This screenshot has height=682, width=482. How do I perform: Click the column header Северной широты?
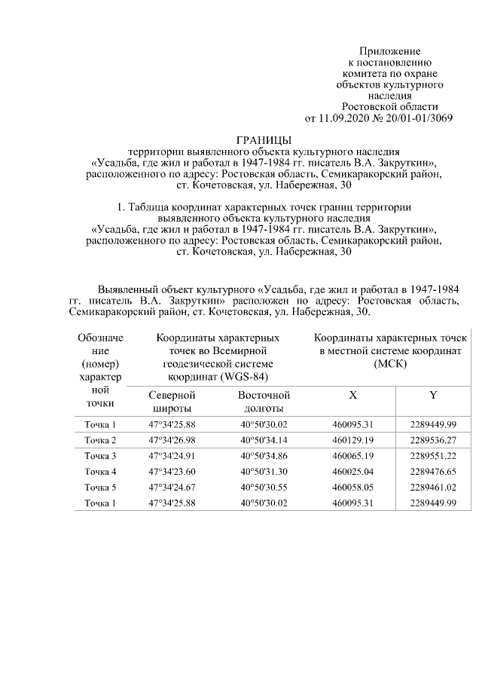tap(172, 402)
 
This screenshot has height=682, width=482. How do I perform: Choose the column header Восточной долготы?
tap(264, 402)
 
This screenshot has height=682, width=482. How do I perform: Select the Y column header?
tap(433, 395)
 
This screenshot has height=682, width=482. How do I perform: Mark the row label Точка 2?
tap(100, 440)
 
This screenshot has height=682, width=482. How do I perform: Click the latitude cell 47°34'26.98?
tap(172, 440)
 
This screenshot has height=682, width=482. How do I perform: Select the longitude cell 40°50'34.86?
tap(264, 456)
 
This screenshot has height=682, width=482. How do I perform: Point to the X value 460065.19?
tap(353, 456)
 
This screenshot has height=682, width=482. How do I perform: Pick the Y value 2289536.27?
tap(433, 440)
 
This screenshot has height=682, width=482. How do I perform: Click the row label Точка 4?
tap(100, 472)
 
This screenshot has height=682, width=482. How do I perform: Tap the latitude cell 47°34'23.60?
tap(172, 472)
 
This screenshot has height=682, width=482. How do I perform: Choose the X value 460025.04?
tap(353, 472)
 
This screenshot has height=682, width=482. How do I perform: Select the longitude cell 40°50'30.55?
tap(264, 488)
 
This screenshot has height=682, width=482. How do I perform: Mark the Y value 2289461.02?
tap(433, 488)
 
